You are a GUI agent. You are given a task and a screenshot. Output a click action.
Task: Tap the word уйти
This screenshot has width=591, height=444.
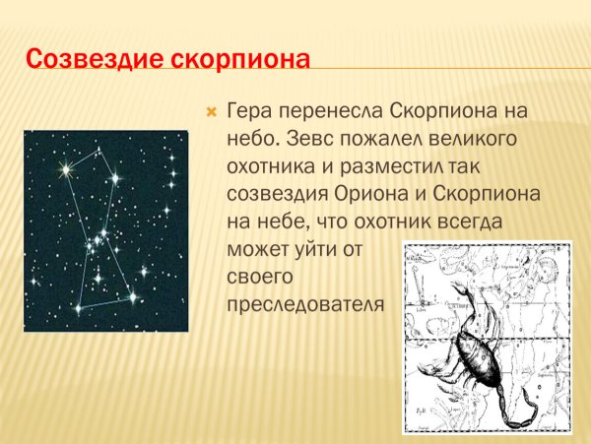pos(314,250)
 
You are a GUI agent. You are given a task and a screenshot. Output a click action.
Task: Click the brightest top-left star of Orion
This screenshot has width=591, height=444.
pos(66,170)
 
